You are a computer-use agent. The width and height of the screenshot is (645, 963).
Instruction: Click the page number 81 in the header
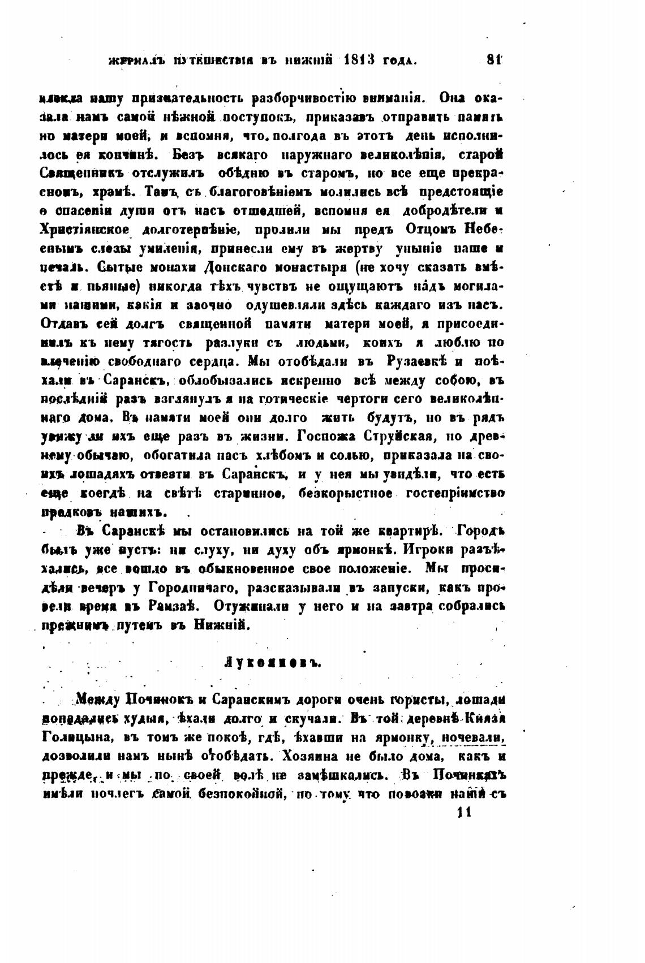(x=494, y=58)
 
